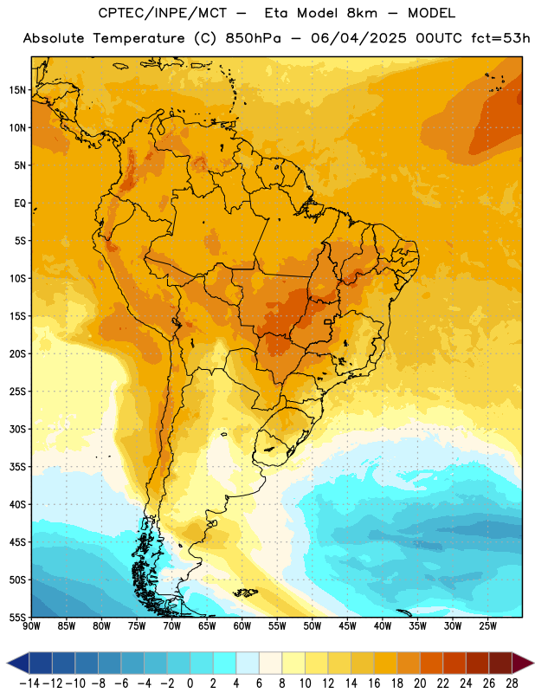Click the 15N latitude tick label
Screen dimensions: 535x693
[17, 90]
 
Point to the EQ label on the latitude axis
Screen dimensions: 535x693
[20, 204]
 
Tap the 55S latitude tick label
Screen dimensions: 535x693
[17, 617]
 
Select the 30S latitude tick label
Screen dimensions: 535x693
[17, 429]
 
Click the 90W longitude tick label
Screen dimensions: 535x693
[31, 626]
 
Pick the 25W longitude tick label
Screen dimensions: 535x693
[487, 626]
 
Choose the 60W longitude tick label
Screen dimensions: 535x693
[242, 626]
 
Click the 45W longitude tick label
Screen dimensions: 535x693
[347, 626]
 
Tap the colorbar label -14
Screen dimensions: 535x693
[29, 683]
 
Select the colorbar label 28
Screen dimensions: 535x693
[512, 683]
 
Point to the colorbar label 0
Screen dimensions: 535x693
[190, 683]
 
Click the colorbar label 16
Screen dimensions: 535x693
[374, 683]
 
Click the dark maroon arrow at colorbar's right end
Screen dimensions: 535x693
[522, 664]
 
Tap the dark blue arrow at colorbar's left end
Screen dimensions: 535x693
[18, 664]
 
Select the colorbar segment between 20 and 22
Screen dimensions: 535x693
[432, 664]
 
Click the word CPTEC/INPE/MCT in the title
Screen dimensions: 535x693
[162, 13]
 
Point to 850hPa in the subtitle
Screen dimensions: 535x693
[253, 38]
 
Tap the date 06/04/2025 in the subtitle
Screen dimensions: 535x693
[358, 38]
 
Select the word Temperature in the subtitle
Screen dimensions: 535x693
[139, 38]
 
